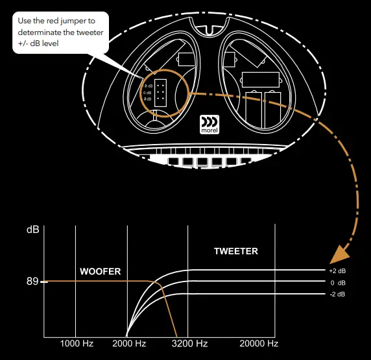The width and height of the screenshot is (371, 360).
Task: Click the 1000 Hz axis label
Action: click(x=77, y=344)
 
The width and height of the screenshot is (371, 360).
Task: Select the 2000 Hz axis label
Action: click(x=129, y=344)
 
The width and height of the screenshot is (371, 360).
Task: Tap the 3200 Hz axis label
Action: click(x=190, y=344)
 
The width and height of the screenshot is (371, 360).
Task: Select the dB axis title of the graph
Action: click(x=32, y=230)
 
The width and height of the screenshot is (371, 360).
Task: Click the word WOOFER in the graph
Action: click(x=100, y=272)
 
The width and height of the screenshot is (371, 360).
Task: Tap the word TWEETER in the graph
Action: click(x=236, y=251)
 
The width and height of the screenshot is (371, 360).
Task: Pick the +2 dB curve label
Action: click(x=337, y=270)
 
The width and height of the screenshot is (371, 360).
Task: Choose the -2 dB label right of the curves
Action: click(x=337, y=294)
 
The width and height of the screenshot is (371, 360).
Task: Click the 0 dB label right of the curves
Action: click(x=337, y=283)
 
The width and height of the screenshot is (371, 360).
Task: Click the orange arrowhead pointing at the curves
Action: click(x=338, y=255)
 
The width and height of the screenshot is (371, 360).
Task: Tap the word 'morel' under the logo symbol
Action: click(x=209, y=129)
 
